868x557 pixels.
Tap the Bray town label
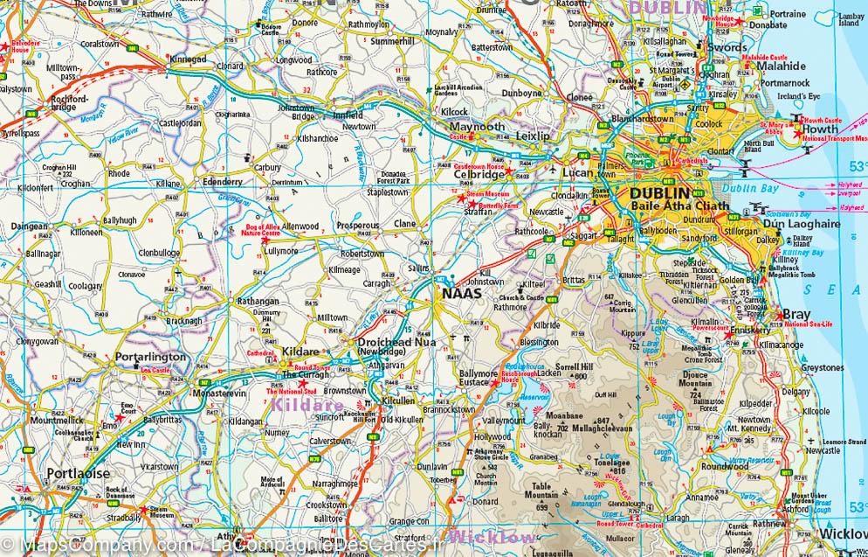[x=796, y=314]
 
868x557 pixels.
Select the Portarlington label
[x=151, y=358]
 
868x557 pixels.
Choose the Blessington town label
[x=538, y=342]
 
